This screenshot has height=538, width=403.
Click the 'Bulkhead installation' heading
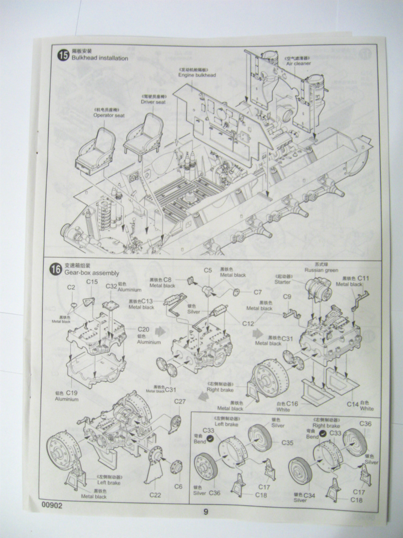(x=99, y=58)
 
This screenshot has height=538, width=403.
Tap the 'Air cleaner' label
(x=298, y=64)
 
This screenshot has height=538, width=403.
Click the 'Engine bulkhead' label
(x=197, y=75)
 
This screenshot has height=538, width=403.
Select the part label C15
(x=92, y=282)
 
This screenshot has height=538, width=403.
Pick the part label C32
(x=111, y=286)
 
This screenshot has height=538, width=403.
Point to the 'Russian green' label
(x=321, y=270)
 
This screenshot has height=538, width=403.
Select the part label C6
(x=178, y=486)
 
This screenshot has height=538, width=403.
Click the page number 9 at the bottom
(x=206, y=512)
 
